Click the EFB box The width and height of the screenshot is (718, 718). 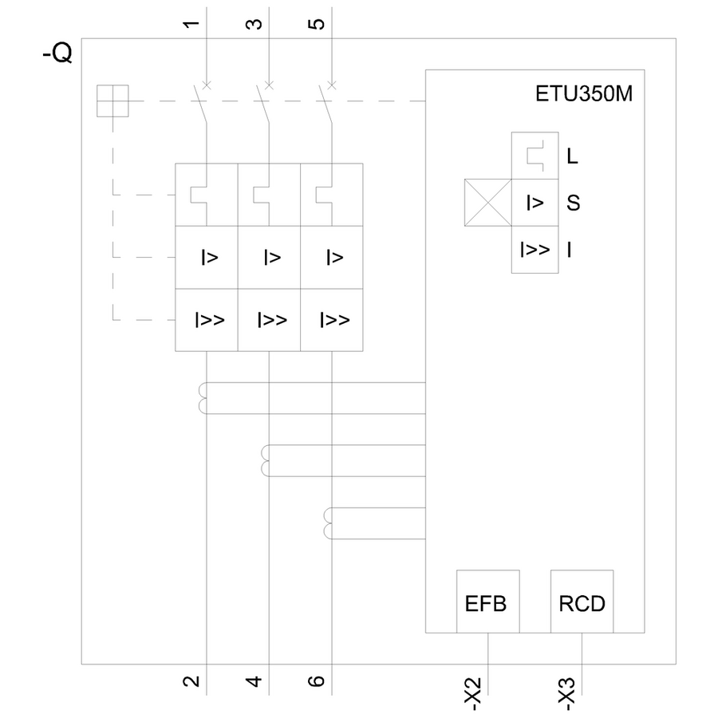point(487,602)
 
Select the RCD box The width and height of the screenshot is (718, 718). point(582,602)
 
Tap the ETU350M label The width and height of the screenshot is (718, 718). point(583,95)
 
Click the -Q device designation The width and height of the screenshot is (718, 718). point(57,54)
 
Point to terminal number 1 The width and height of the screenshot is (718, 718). point(190,23)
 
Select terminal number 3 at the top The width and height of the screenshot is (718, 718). point(253,23)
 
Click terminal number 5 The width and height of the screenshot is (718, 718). point(316,23)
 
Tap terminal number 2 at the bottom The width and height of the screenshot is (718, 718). point(190,681)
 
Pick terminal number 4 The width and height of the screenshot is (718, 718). point(253,681)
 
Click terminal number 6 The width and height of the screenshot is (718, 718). point(316,681)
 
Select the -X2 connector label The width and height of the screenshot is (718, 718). point(472,693)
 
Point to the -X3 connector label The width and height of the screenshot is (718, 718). point(566,693)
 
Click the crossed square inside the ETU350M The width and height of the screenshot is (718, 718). point(487,203)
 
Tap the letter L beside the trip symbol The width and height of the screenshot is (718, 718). point(572,156)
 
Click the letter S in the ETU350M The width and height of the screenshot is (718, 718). point(573,203)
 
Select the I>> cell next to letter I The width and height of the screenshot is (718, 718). point(535,250)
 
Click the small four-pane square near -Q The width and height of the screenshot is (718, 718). point(112,101)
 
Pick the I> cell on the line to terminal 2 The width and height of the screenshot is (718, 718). point(207,258)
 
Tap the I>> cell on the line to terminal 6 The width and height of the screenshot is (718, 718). point(333,320)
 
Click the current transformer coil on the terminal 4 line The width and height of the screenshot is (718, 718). point(266,460)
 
